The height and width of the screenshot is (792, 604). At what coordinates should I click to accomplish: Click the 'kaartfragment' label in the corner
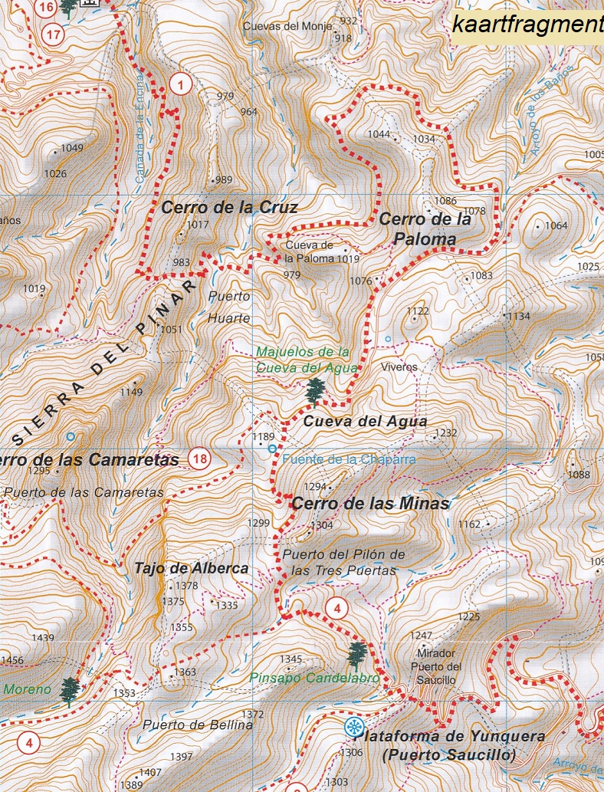(x=527, y=25)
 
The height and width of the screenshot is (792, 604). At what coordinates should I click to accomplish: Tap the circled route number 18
(x=200, y=460)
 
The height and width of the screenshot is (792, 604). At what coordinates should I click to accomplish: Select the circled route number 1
(x=180, y=85)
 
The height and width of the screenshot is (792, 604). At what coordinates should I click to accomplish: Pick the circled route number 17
(x=53, y=35)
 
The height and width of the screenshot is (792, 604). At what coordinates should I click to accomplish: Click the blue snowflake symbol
(x=353, y=728)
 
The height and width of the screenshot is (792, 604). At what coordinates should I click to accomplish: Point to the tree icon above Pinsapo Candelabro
(x=356, y=656)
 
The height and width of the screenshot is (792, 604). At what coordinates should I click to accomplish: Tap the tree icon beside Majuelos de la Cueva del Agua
(x=314, y=391)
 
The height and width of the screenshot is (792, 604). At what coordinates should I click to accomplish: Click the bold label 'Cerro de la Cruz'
(x=229, y=207)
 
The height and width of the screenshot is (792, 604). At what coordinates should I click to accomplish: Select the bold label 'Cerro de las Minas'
(x=370, y=504)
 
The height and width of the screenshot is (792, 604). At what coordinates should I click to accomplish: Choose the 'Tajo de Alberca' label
(x=191, y=568)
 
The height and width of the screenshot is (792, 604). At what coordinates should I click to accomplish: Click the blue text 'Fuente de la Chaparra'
(x=349, y=459)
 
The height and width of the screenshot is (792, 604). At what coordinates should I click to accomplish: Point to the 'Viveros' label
(x=399, y=367)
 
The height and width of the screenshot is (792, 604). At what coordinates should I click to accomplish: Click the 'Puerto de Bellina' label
(x=197, y=725)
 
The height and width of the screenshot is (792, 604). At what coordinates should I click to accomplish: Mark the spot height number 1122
(x=418, y=311)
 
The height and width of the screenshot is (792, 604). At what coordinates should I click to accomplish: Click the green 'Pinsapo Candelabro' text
(x=315, y=678)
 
